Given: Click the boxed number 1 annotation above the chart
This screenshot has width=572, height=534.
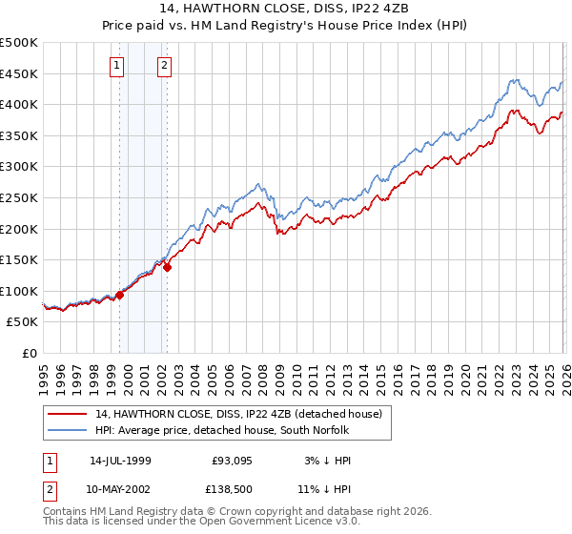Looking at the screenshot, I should click(x=116, y=66).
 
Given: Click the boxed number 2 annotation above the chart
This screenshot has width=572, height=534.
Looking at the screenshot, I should click(x=164, y=66).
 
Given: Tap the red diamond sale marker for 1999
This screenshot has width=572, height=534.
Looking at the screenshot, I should click(x=120, y=295).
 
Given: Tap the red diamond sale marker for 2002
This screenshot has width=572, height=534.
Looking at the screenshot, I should click(x=167, y=267).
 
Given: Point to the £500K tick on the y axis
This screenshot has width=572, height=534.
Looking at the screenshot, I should click(x=19, y=43).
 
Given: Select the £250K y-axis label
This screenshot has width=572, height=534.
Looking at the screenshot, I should click(x=19, y=198).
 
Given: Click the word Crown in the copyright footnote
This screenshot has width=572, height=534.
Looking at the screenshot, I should click(x=232, y=512).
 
